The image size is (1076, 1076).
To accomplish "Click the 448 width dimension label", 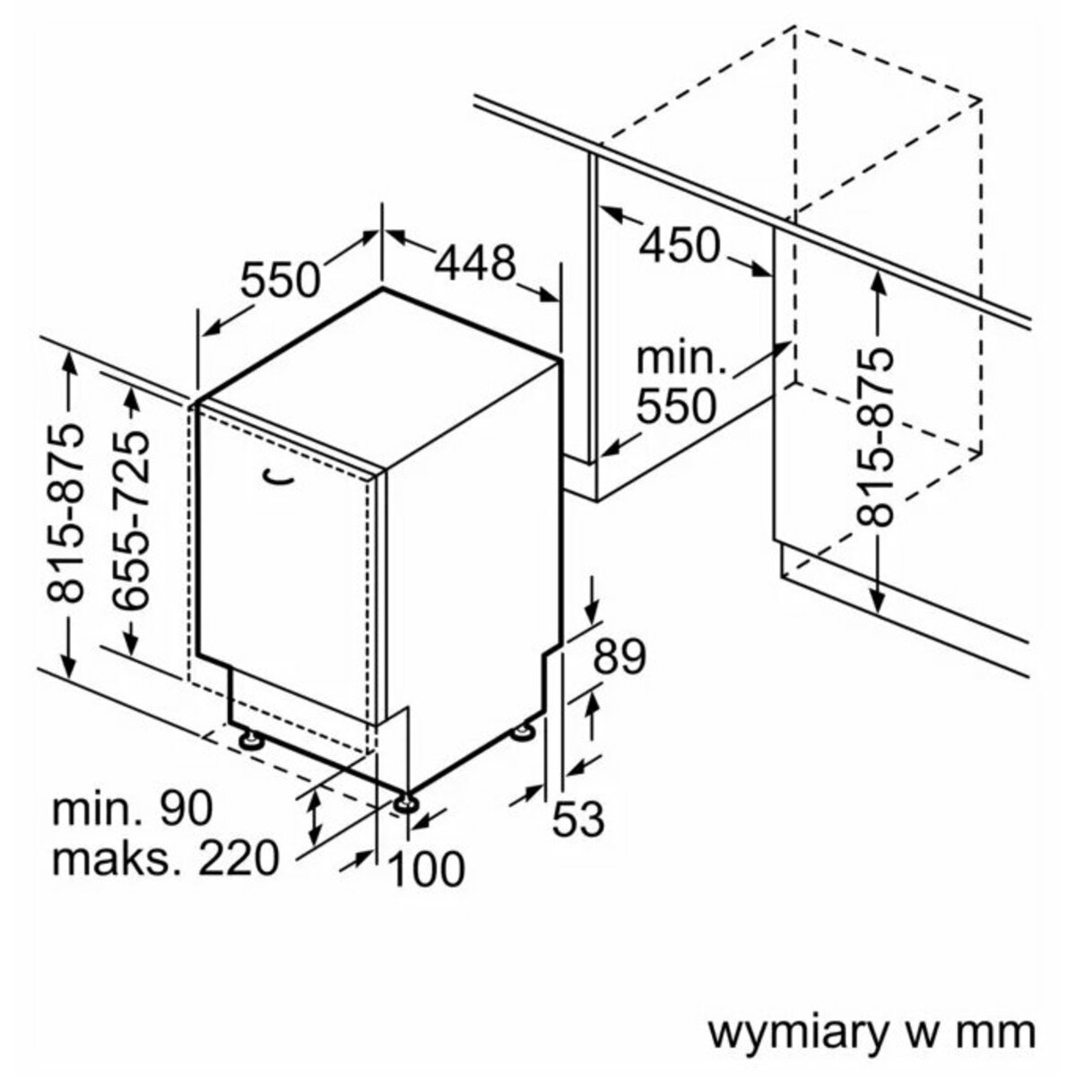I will coord(476,262).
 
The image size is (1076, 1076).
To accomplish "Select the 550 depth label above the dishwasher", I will coord(280,280).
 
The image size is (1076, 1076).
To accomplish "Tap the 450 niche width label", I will coord(679,244).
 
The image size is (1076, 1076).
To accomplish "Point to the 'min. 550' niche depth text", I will coord(679,383).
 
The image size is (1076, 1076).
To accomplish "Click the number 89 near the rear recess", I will coord(619,657).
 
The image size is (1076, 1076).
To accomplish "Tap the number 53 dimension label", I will coord(578,818).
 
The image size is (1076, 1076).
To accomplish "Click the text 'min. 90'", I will coord(133,809).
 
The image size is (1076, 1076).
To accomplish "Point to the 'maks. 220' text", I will coord(166,859).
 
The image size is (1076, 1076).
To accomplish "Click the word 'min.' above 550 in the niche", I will coord(679,360).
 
